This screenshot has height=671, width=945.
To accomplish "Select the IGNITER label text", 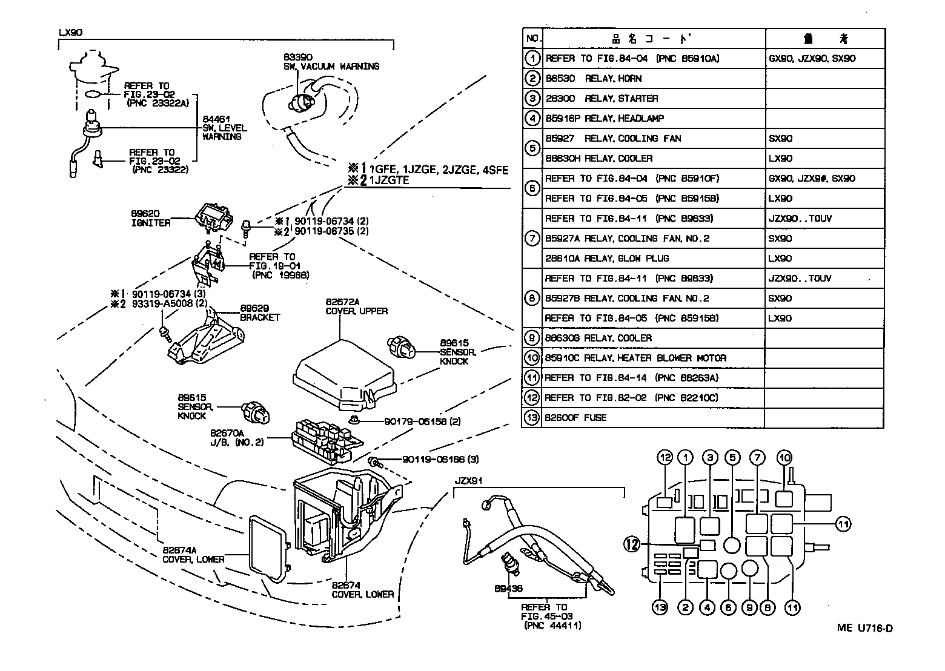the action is tap(151, 223).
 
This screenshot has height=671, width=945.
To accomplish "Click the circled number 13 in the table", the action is tap(532, 417).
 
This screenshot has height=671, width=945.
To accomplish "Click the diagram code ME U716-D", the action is tap(864, 628).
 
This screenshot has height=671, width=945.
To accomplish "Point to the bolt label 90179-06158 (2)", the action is tap(422, 421).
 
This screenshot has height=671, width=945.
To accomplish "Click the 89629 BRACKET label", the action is tap(260, 312).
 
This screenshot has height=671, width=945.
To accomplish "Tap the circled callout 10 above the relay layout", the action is tap(784, 458).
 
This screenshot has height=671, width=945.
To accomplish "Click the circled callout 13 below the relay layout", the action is tap(660, 607).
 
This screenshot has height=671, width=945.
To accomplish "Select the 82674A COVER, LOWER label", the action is tap(193, 555).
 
